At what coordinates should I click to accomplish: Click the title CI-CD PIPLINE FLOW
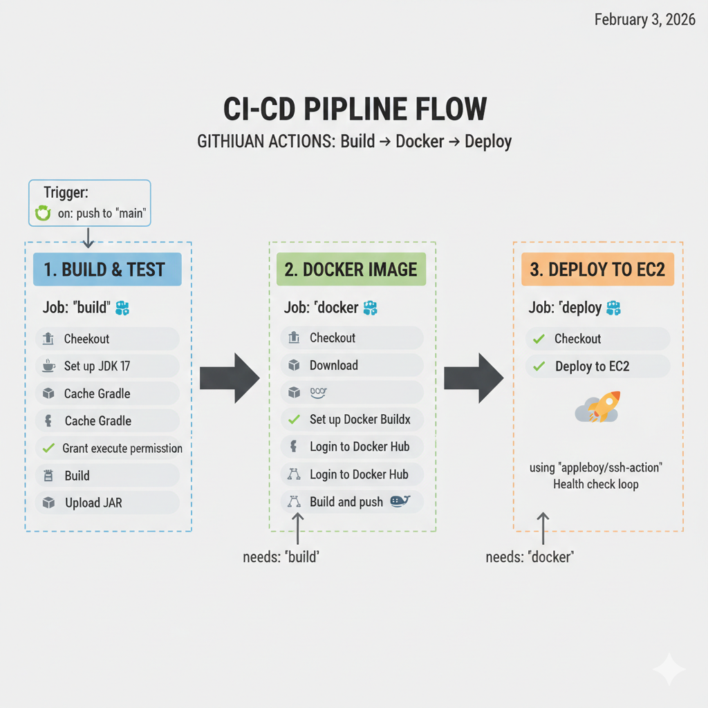tap(355, 111)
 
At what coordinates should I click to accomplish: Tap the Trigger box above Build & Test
tap(90, 203)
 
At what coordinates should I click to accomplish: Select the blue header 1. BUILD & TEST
tap(107, 270)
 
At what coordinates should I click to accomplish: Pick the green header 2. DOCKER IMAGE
tap(351, 270)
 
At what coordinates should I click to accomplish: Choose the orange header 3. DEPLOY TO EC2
tap(597, 270)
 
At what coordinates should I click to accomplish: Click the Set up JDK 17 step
tap(107, 366)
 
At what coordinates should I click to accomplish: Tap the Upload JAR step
tap(107, 503)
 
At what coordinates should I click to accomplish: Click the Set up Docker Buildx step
tap(352, 419)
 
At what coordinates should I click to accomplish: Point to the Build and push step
tap(352, 502)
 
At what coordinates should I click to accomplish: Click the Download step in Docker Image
tap(352, 365)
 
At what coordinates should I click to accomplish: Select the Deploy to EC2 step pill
tap(597, 366)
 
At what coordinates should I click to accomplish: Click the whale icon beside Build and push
tap(401, 501)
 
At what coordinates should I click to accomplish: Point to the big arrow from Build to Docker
tap(230, 378)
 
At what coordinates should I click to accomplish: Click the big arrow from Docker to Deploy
tap(474, 378)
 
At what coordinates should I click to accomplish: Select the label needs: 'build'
tap(281, 557)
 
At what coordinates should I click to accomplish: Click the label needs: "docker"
tap(530, 557)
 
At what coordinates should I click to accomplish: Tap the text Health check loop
tap(596, 484)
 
